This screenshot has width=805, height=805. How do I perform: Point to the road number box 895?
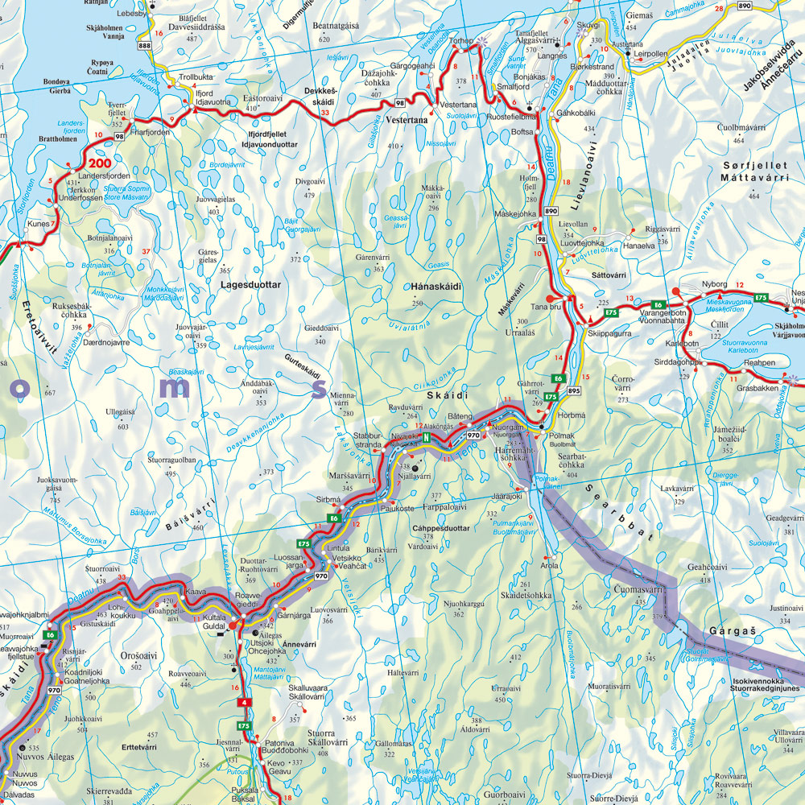pos(573,390)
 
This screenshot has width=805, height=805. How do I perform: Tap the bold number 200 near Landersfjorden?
pos(110,163)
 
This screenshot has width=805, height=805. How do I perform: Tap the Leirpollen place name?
pos(650,54)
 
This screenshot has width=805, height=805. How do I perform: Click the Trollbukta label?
pos(196,76)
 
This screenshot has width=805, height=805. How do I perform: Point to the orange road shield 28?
pos(719,8)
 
